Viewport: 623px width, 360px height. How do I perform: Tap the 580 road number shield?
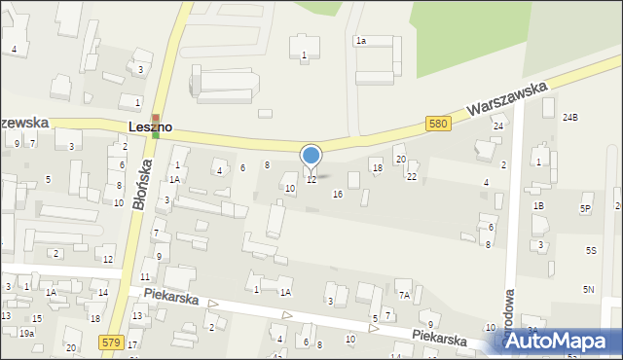[x=438, y=124]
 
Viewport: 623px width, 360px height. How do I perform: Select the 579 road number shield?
[x=111, y=342]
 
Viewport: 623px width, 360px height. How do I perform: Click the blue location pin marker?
[x=311, y=159]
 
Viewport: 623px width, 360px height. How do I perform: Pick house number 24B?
[x=569, y=118]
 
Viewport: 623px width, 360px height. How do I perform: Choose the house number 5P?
[x=586, y=208]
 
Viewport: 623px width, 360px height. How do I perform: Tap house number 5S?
[x=590, y=250]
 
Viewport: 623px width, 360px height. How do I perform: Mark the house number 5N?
[x=589, y=289]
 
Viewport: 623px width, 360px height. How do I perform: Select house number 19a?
[x=26, y=333]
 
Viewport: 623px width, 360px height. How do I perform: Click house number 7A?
[x=403, y=296]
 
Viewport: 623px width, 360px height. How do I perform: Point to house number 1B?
[x=537, y=206]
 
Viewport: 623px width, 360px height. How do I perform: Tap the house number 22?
[x=412, y=176]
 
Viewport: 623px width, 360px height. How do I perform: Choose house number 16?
[x=338, y=195]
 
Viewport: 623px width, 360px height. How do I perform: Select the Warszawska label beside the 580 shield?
[x=505, y=99]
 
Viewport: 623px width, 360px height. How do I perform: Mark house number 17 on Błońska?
[x=132, y=345]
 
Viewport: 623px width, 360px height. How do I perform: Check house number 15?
[x=36, y=319]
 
